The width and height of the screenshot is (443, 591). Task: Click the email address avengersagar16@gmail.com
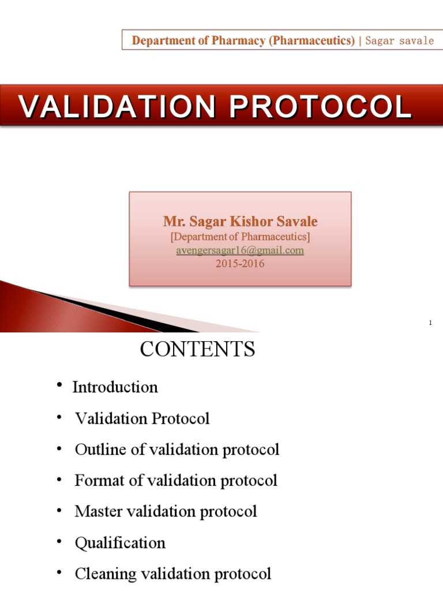240,251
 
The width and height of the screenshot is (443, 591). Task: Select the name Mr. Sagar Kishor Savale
240,222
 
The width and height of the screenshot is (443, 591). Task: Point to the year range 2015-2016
240,264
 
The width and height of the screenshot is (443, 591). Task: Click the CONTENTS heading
197,349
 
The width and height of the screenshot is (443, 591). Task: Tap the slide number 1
430,323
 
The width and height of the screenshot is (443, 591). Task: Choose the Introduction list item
115,387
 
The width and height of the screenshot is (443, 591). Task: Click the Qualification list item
120,543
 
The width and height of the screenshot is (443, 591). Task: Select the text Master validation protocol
166,511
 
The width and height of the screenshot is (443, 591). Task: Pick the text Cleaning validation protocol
172,574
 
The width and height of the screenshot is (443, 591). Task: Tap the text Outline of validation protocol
177,450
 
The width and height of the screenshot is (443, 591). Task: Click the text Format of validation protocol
176,480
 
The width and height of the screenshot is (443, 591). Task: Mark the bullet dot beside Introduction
59,386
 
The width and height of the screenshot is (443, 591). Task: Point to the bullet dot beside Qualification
59,542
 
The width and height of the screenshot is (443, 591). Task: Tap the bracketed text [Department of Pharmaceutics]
240,237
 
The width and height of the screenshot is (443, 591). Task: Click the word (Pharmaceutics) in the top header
312,40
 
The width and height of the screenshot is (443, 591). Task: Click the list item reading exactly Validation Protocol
142,418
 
